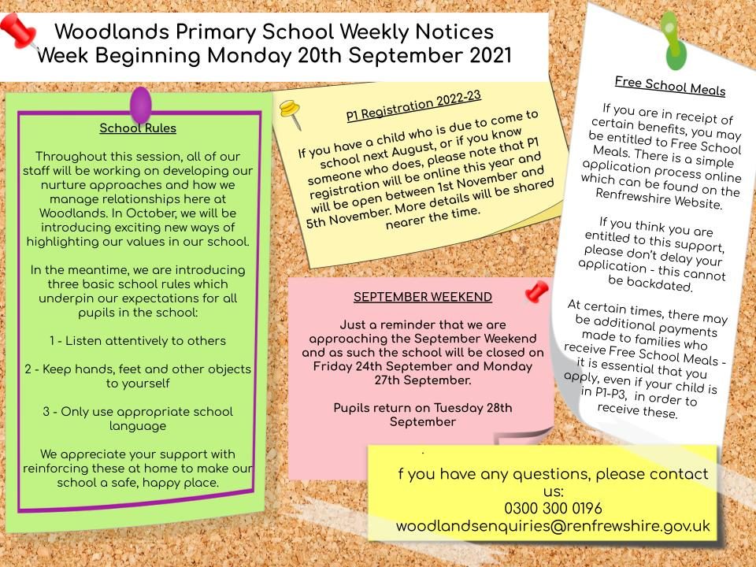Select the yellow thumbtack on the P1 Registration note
pyautogui.click(x=292, y=113)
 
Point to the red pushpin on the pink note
pyautogui.click(x=537, y=291)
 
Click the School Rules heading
pyautogui.click(x=138, y=128)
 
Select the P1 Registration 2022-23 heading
pyautogui.click(x=413, y=106)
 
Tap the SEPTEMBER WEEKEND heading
pyautogui.click(x=423, y=297)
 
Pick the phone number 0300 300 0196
pyautogui.click(x=553, y=508)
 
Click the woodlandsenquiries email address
pyautogui.click(x=553, y=526)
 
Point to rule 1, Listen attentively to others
pyautogui.click(x=138, y=341)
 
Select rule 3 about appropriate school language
pyautogui.click(x=138, y=419)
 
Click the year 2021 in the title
pyautogui.click(x=484, y=57)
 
